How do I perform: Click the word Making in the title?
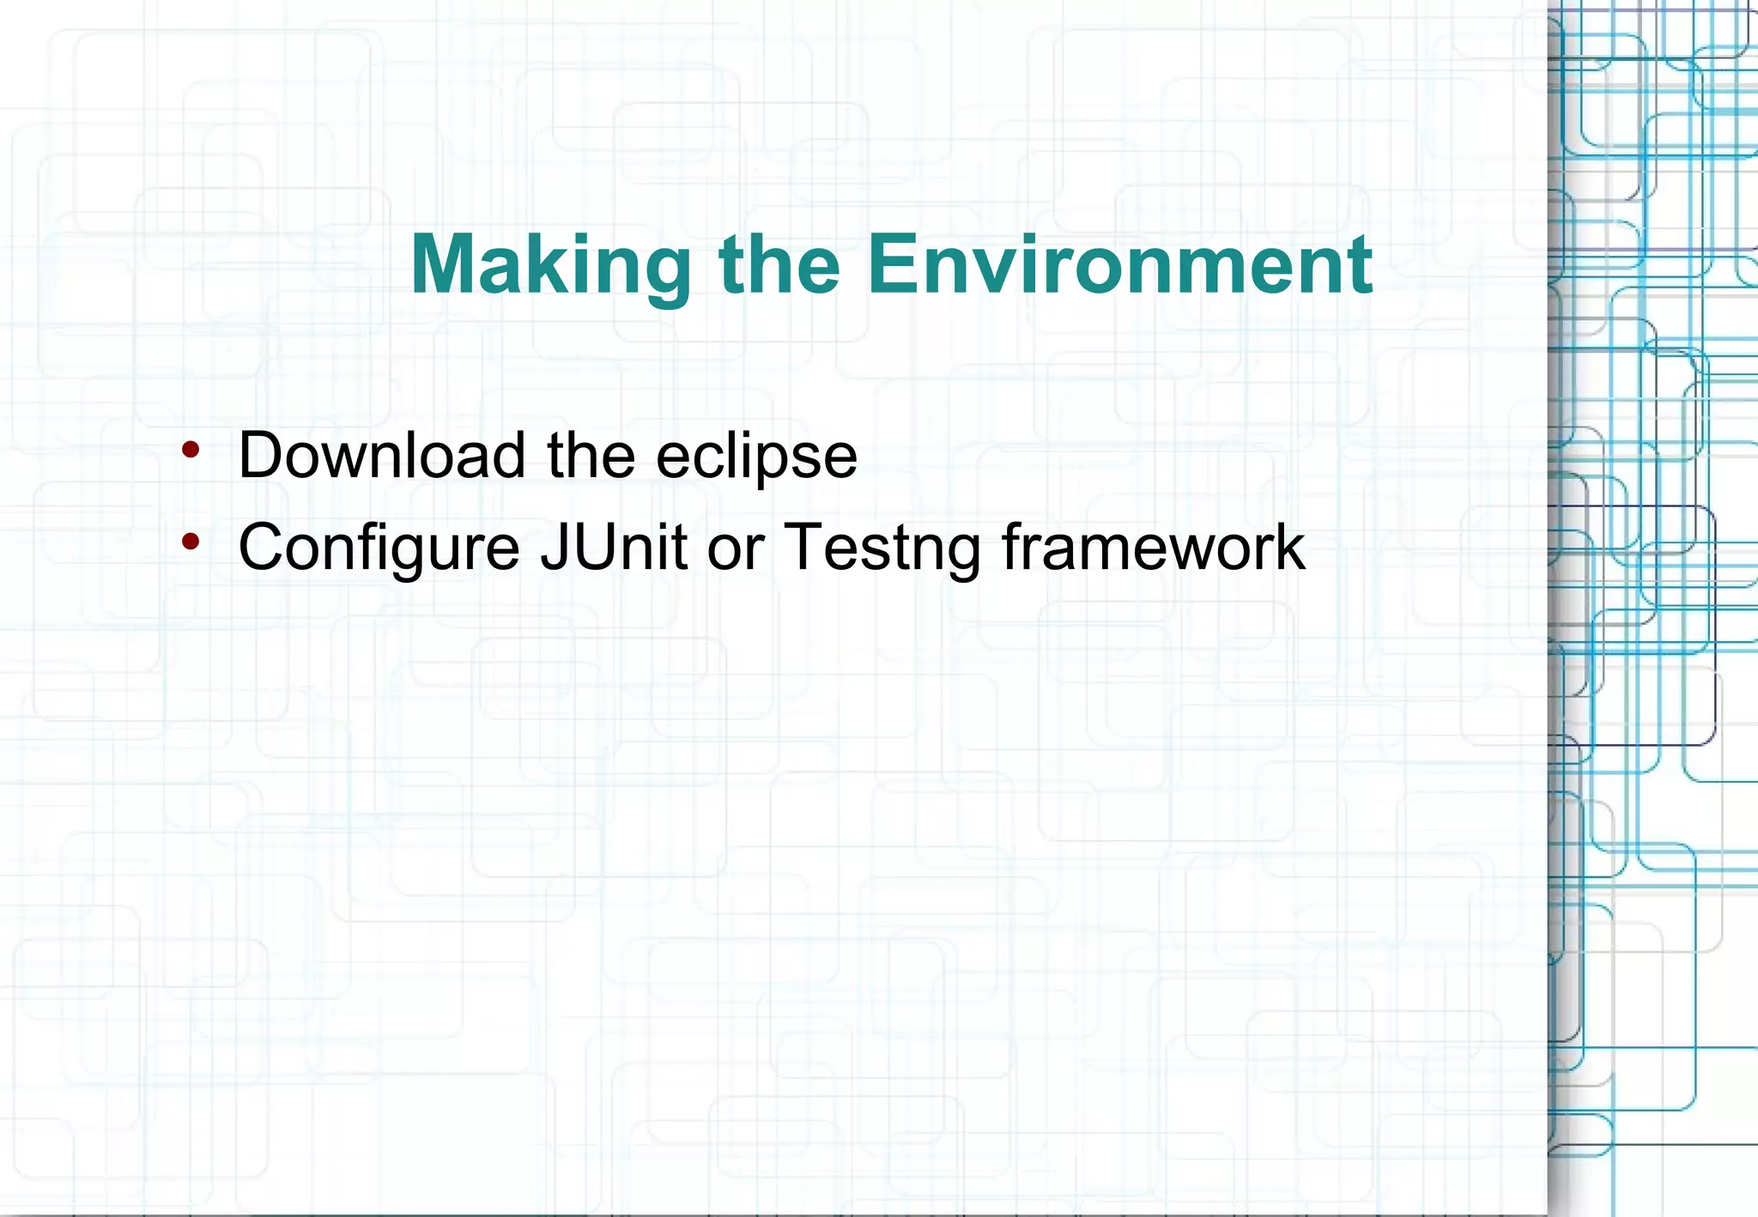[551, 266]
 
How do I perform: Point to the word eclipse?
[756, 457]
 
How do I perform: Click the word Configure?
[379, 548]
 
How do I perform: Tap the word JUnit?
[614, 547]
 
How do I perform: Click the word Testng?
[882, 548]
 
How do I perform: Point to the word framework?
[1153, 547]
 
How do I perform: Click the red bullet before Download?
[191, 449]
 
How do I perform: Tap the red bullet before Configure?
[191, 541]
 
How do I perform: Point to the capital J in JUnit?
[554, 547]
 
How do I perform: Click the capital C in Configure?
[264, 547]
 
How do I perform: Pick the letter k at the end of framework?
[1288, 547]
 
